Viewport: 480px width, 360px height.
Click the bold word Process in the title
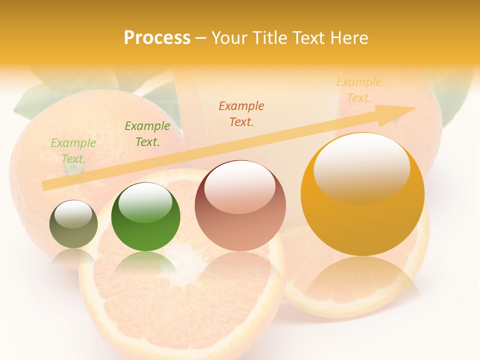click(157, 38)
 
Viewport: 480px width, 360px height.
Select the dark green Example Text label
click(147, 134)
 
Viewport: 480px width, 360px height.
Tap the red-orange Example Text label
click(241, 113)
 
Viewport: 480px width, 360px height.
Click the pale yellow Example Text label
click(359, 90)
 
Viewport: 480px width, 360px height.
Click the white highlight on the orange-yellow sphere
click(361, 167)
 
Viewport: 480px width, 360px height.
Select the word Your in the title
click(228, 38)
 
